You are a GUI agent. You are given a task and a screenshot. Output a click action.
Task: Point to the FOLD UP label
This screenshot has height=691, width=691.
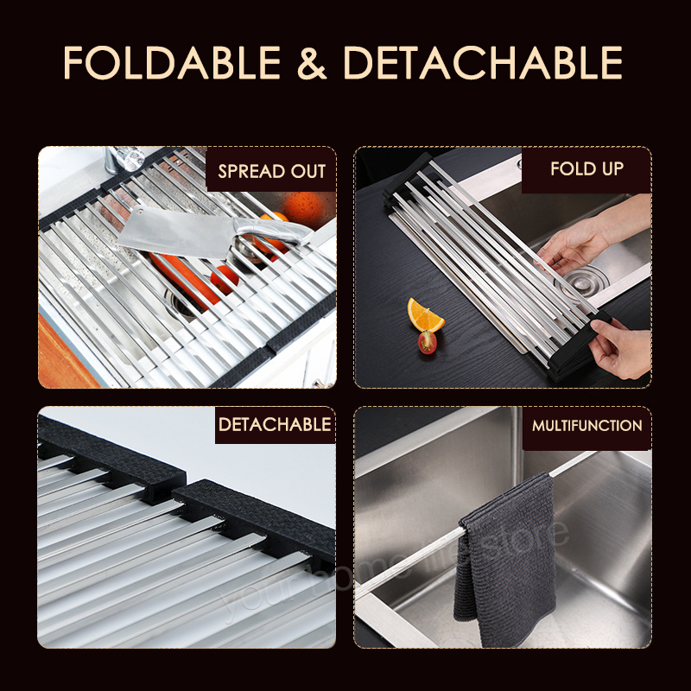tap(586, 168)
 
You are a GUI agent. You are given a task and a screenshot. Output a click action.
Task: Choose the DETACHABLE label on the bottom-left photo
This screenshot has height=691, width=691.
tap(274, 424)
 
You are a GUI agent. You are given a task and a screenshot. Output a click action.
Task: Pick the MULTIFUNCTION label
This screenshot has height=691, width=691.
tap(586, 426)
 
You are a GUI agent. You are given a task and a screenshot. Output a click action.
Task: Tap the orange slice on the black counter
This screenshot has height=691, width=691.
tap(425, 315)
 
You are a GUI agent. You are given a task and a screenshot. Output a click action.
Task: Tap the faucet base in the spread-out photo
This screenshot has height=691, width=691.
tap(125, 160)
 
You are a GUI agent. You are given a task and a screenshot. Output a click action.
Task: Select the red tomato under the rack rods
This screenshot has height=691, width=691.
tap(225, 278)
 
